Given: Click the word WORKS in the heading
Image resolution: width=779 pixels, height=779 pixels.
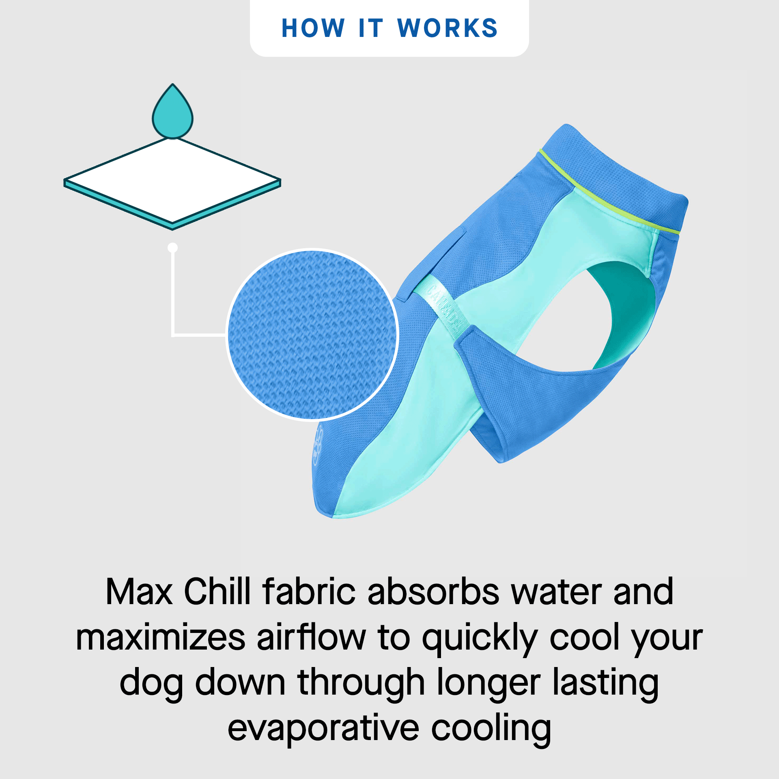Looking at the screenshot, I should point(447,28).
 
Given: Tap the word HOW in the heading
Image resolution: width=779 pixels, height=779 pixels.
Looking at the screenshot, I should point(313,28).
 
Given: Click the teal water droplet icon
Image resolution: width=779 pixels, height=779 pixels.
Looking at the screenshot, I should point(172,114).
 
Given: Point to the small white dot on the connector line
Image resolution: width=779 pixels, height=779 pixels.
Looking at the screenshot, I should point(173,247).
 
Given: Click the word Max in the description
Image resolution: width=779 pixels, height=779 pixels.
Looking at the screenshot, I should point(139,592).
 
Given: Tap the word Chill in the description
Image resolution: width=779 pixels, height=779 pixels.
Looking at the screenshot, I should point(217,592).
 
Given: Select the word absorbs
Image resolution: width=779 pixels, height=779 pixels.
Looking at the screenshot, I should point(433,592).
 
